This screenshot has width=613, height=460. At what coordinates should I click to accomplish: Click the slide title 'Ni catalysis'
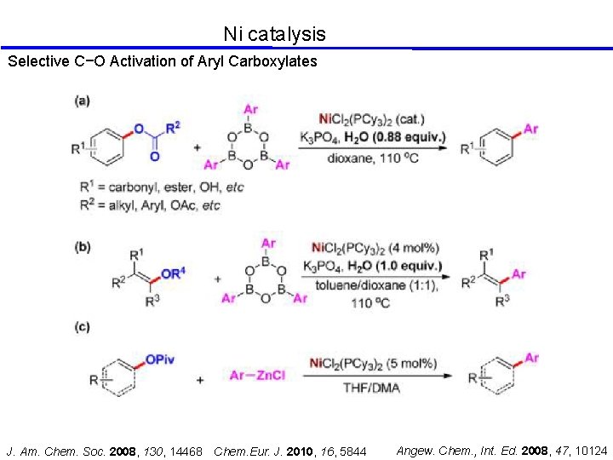tap(274, 34)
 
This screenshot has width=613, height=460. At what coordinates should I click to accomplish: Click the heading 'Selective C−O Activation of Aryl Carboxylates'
tap(162, 61)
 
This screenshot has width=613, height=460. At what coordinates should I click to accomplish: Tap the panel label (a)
tap(83, 101)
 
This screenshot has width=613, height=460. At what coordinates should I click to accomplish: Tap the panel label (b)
tap(83, 247)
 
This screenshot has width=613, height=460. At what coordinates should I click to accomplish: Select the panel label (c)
tap(83, 327)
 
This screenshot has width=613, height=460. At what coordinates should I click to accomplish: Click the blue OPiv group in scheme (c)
tap(159, 359)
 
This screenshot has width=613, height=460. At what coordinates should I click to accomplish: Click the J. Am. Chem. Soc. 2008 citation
tap(105, 450)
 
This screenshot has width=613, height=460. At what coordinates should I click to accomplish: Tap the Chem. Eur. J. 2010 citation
tap(290, 450)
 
